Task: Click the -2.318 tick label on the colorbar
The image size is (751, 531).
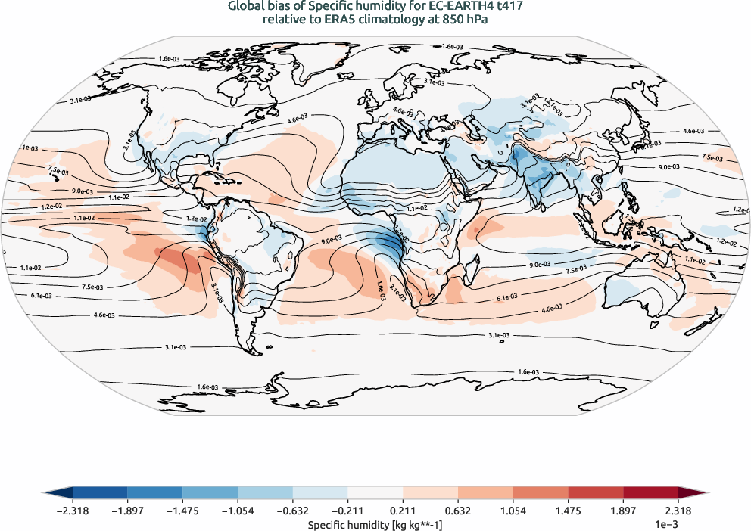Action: pos(73,511)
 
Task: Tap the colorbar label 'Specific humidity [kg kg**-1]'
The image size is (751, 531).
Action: pos(375,523)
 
